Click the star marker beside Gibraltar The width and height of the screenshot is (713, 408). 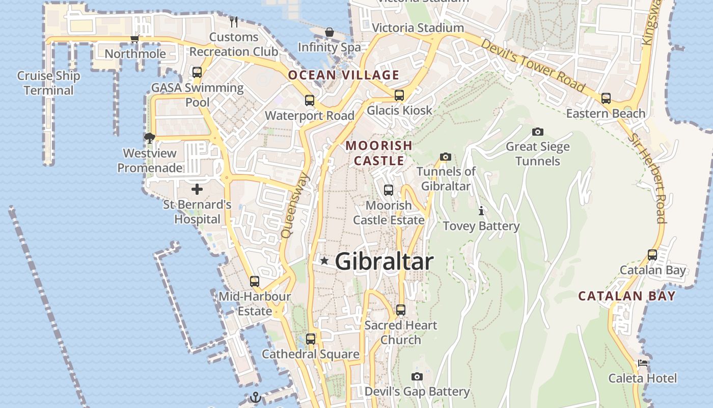324,261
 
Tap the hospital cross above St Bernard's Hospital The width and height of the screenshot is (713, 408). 197,190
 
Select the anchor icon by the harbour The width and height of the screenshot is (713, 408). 256,397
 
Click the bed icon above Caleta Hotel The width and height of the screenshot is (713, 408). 643,364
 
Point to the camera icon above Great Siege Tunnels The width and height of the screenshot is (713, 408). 537,132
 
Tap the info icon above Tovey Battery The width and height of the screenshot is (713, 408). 481,211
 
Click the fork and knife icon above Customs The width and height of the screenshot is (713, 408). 234,21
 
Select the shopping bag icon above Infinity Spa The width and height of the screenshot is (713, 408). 330,33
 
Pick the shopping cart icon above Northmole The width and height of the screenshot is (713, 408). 135,39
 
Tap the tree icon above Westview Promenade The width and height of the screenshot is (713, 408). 150,138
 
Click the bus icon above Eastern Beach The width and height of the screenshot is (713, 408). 606,98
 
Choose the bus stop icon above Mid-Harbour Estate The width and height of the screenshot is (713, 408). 255,282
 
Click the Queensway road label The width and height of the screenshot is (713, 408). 295,205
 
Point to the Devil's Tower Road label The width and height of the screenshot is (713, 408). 533,66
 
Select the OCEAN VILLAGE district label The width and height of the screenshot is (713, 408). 344,75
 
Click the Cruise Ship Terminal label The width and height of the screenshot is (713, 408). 49,83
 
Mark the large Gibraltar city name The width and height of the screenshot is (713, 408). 385,262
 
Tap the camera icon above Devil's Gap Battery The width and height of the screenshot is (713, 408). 417,377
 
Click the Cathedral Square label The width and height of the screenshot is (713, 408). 311,354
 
